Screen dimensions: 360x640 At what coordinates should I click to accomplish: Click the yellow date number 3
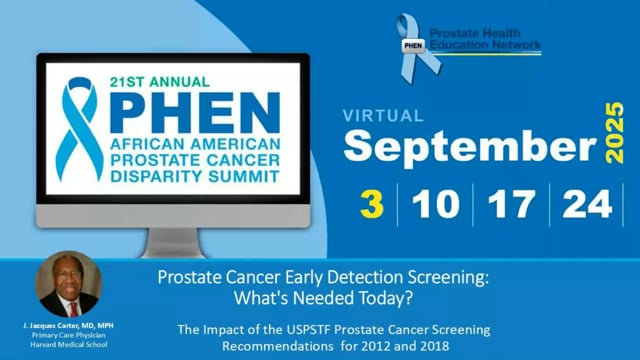click(372, 205)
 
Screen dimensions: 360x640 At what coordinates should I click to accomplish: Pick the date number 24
click(587, 205)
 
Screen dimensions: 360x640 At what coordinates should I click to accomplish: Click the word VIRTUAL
click(384, 116)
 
